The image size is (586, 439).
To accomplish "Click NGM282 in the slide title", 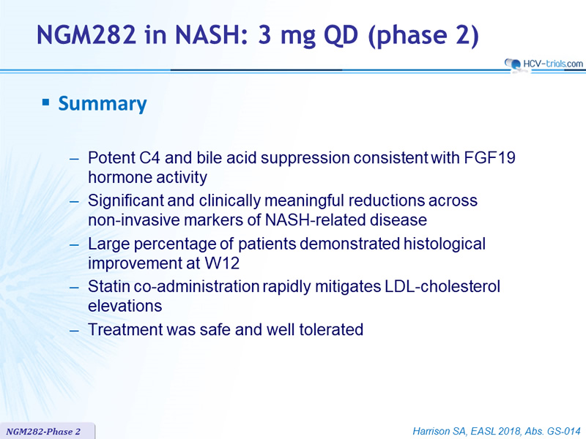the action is [x=86, y=34].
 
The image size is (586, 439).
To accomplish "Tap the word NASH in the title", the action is [x=209, y=34].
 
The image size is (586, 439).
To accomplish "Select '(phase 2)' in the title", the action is [x=423, y=36].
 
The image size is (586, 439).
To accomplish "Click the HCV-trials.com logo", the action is [x=544, y=64].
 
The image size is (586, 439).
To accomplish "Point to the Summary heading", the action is [x=103, y=104].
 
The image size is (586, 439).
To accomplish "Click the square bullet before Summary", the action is [x=46, y=102].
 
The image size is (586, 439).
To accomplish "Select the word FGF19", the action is [x=489, y=157].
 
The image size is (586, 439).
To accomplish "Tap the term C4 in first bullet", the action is [x=149, y=157].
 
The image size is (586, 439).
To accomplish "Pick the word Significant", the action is [x=125, y=200].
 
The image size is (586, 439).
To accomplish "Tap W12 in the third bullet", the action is [x=222, y=263].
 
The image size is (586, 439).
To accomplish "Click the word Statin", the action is [x=108, y=287].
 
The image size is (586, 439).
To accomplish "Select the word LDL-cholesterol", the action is [x=441, y=287].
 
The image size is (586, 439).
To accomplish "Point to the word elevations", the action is [x=125, y=306].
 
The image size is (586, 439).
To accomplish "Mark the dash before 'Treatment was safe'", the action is [x=74, y=331].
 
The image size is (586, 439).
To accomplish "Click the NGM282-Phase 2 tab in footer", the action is [x=43, y=432].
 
